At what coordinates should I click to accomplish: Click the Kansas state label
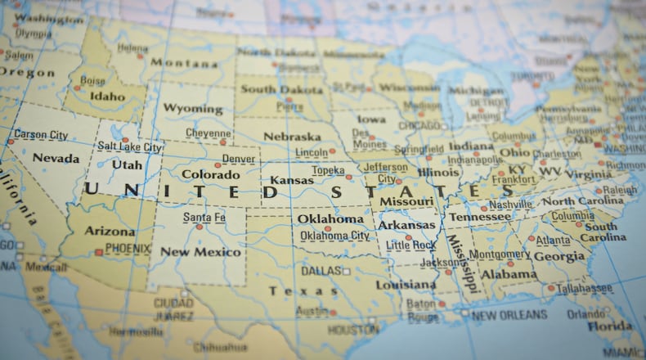pos(291,180)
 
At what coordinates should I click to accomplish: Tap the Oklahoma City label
pos(334,236)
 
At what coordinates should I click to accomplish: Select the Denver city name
pos(238,159)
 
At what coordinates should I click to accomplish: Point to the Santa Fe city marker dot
pos(199,227)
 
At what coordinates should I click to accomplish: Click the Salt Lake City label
pos(129,147)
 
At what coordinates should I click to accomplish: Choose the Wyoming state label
pos(192,108)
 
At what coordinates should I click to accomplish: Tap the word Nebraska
pos(292,137)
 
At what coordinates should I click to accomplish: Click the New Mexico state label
pos(200,252)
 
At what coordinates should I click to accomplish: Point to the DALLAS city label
pos(321,271)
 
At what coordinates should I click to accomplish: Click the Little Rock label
pos(410,245)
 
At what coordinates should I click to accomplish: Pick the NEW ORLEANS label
pos(509,315)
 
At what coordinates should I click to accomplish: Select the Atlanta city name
pos(554,241)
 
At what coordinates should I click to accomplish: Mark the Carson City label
pos(41,134)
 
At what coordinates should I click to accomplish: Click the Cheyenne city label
pos(208,133)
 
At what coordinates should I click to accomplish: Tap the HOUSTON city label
pos(353,330)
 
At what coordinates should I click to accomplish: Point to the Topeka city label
pos(328,170)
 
